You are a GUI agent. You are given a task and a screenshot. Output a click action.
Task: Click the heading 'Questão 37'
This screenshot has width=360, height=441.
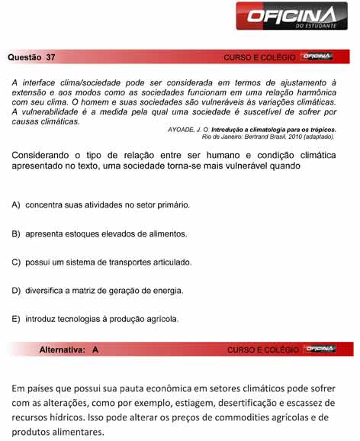(31, 57)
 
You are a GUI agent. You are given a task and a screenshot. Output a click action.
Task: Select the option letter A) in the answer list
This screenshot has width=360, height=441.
(16, 205)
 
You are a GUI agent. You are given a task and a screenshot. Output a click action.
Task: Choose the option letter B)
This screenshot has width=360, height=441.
(16, 233)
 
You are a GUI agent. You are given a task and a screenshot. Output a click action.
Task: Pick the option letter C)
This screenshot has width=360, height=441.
(16, 262)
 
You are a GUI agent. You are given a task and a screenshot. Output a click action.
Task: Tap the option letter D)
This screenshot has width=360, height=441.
(16, 290)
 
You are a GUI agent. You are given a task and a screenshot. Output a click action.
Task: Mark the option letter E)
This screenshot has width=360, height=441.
(16, 318)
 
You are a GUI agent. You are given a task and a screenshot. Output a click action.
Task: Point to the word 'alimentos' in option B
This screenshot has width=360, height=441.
(166, 233)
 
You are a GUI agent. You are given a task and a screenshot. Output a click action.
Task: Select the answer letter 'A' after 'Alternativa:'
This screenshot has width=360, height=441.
(95, 349)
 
